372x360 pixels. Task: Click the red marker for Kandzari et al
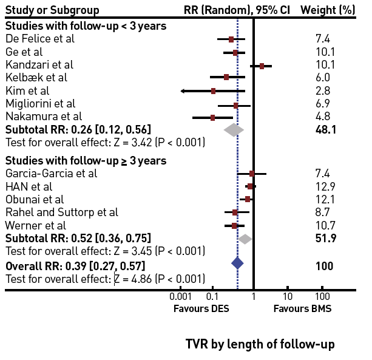click(262, 66)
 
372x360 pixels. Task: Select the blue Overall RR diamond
click(237, 263)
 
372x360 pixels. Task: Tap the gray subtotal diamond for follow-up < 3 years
click(234, 129)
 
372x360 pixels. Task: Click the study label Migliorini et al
click(40, 103)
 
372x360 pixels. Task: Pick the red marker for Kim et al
click(213, 91)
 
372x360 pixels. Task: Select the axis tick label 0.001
click(180, 296)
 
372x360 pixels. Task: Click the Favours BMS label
click(298, 308)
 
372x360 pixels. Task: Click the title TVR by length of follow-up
click(260, 344)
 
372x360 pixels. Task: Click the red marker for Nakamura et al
click(212, 117)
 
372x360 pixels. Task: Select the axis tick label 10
click(288, 296)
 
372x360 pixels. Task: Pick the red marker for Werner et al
click(234, 225)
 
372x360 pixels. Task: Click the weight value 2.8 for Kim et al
click(322, 90)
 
